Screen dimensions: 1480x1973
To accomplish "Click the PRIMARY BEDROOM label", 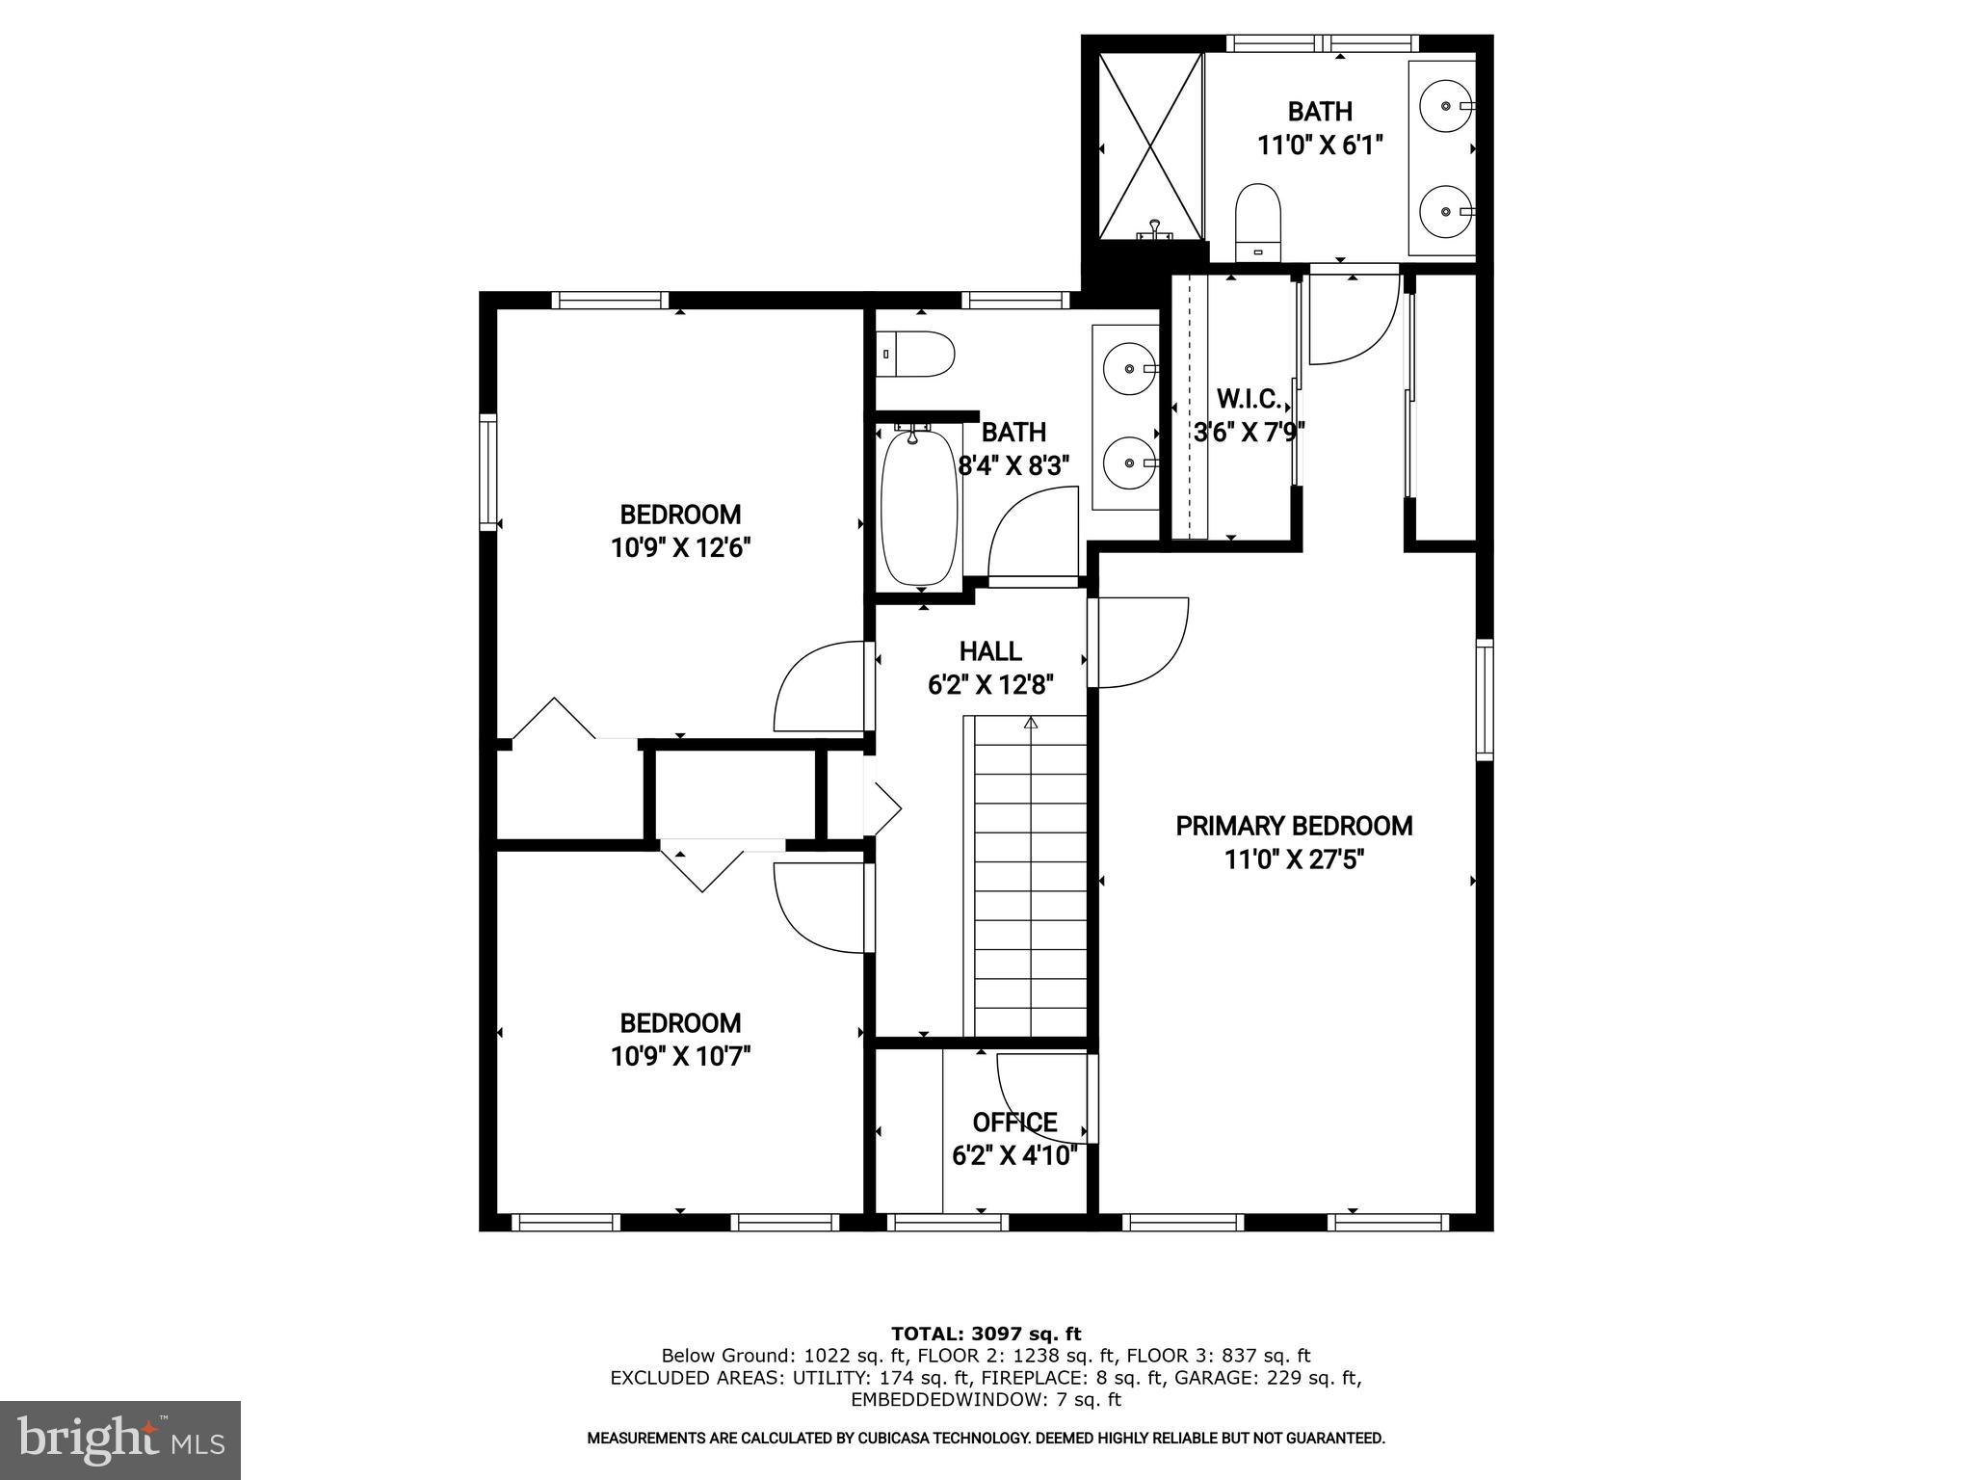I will pos(1294,826).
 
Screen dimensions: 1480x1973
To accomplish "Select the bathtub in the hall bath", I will pos(920,508).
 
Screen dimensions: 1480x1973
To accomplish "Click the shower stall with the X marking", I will pos(1151,145).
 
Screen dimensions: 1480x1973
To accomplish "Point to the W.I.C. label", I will pos(1249,398).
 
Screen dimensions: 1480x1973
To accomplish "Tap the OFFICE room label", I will pos(1014,1123).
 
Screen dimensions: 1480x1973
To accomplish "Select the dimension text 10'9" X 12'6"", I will pos(680,548).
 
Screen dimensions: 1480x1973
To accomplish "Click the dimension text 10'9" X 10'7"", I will pos(680,1057).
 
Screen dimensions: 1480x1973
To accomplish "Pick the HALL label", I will pos(990,651).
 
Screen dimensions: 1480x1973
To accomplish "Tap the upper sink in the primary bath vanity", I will pos(1442,103).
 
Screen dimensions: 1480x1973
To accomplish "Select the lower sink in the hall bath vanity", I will pos(1126,462).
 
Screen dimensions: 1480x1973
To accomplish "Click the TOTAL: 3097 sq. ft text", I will pos(986,1335).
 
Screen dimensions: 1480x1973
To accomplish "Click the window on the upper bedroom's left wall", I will pos(488,472).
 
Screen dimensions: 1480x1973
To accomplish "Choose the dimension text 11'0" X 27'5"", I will pos(1294,859).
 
